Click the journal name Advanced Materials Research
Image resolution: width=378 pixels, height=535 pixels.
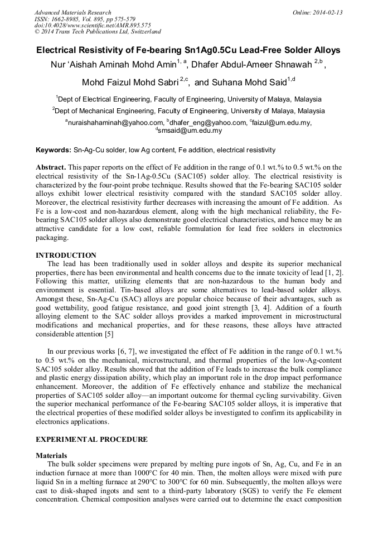(x=72, y=12)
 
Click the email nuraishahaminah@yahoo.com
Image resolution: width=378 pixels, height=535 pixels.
(x=115, y=123)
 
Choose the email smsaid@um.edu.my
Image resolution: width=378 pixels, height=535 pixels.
(x=190, y=131)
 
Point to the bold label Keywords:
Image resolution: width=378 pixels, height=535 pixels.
(x=54, y=151)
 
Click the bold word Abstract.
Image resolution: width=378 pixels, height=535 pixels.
(x=51, y=167)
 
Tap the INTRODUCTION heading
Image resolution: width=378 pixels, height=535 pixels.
(x=66, y=255)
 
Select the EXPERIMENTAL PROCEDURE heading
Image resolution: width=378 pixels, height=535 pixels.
(x=91, y=440)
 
